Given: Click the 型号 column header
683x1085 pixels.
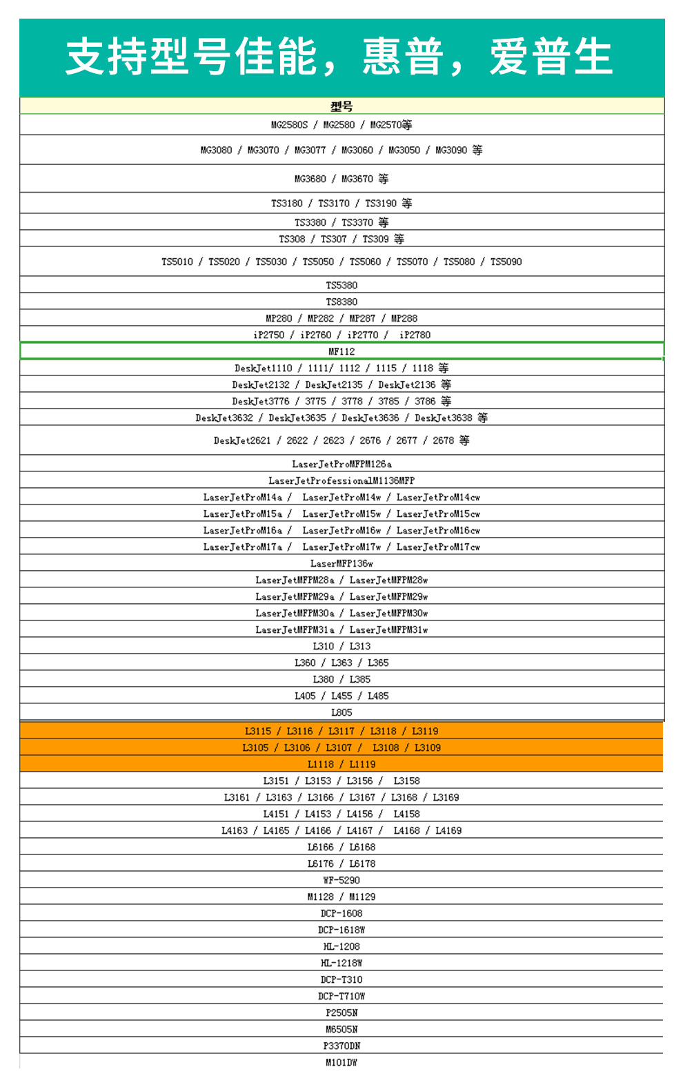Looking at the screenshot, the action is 341,106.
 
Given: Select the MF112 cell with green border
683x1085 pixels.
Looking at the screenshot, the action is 341,351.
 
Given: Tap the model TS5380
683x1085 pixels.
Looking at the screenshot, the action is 341,285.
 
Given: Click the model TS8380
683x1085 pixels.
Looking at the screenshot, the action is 341,302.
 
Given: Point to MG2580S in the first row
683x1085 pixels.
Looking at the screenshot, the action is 289,125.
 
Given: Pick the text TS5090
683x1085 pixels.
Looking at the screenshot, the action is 506,262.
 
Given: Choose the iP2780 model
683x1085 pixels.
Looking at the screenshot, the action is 415,335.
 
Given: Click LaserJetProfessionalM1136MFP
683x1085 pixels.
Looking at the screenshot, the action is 341,480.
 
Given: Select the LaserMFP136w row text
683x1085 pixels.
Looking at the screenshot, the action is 341,563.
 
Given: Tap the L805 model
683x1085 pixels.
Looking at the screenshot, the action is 341,712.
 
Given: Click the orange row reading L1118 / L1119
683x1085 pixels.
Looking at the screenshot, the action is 341,764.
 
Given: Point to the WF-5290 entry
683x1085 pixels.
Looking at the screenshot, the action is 341,880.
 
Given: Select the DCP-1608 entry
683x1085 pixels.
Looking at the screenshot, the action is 341,913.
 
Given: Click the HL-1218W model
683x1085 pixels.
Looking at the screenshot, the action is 341,963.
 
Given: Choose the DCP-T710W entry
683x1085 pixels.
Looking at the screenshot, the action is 341,996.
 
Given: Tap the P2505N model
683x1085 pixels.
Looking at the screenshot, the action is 341,1013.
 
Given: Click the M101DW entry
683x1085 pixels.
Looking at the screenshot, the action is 341,1062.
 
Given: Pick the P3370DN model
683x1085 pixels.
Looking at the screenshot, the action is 341,1046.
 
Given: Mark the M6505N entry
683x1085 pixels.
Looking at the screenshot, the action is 341,1029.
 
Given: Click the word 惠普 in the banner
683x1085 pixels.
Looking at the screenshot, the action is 402,57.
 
